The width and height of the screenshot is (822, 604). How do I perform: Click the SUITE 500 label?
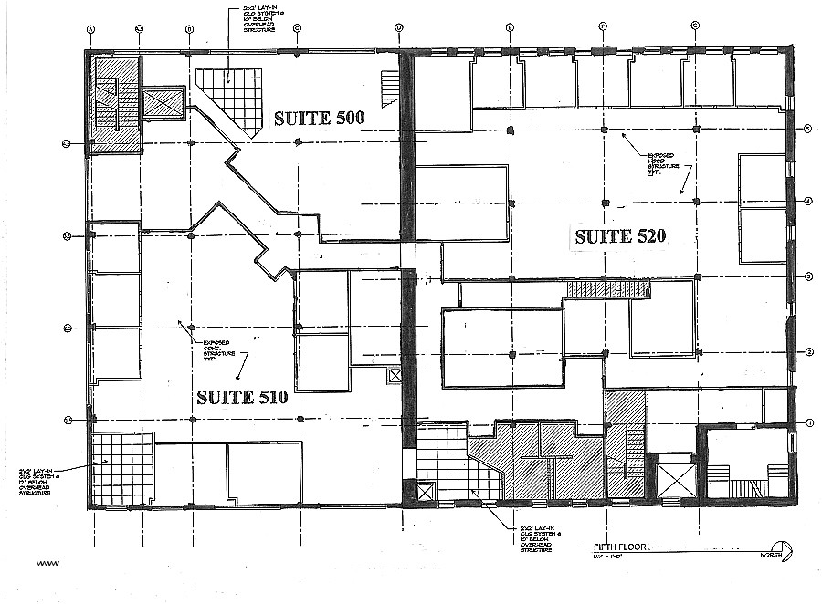coord(320,118)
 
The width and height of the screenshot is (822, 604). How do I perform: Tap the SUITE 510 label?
coord(243,397)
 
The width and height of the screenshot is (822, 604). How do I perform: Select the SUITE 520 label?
coord(620,236)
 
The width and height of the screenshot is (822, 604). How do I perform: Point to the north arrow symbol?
coord(788,550)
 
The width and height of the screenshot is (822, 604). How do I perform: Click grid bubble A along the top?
coord(90,29)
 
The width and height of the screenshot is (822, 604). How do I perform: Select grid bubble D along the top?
coord(399,29)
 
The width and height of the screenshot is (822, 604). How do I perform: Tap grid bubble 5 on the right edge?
coord(808,130)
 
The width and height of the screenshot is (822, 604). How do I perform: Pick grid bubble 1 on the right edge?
coord(808,422)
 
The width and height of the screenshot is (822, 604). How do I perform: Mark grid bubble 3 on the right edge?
coord(808,276)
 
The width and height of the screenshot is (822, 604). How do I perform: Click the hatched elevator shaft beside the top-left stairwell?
coord(164,102)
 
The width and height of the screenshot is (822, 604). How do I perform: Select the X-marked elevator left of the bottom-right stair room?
coord(675,476)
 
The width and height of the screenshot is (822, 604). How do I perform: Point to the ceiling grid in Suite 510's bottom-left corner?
coord(122,468)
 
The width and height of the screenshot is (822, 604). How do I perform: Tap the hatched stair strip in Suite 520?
coord(607,289)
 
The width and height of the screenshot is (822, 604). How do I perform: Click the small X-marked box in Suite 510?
coord(395,375)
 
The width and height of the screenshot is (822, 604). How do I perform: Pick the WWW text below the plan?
coord(47,563)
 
